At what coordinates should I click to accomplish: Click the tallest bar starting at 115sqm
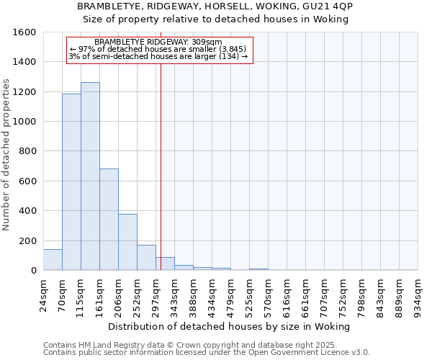point(90,176)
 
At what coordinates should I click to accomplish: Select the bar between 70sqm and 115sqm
point(71,182)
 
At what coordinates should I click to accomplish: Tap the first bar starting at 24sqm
point(53,260)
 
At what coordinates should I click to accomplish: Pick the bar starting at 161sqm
point(109,220)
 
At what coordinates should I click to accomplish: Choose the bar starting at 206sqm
point(127,242)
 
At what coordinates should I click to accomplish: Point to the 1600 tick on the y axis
point(27,32)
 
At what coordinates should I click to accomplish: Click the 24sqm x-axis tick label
point(43,294)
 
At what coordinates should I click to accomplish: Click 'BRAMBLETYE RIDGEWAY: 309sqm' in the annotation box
point(158,42)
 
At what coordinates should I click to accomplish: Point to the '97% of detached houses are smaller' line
point(158,50)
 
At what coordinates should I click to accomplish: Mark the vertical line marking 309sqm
point(161,166)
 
